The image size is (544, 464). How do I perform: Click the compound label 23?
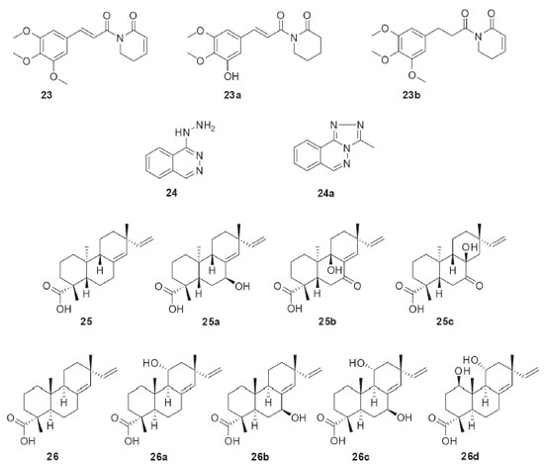point(46,95)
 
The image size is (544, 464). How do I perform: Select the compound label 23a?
point(232,95)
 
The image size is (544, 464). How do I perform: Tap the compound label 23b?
point(411,95)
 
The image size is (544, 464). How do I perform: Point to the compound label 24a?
point(325,193)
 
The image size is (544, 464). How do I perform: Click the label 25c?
point(445,322)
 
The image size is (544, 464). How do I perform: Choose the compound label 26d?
point(470,456)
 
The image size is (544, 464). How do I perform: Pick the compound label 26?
point(52,456)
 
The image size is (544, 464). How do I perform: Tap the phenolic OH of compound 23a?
point(231,75)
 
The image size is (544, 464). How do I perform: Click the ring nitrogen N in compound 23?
point(120,39)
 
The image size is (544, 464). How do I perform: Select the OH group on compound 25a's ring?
point(242,286)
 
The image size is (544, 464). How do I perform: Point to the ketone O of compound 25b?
point(357,286)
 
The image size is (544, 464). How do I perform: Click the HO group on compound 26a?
point(151,364)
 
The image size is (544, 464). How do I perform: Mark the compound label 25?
point(86,322)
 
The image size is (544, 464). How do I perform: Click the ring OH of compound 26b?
point(299,418)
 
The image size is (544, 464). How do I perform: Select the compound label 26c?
point(361,456)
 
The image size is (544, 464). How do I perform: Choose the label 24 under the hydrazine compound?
point(171,193)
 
